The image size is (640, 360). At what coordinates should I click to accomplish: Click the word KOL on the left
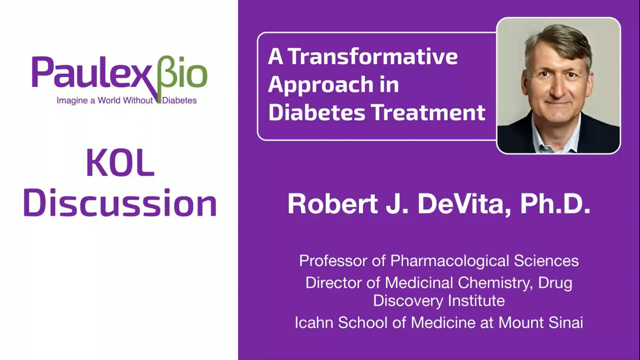pyautogui.click(x=120, y=163)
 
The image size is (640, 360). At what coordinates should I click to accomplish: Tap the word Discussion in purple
pyautogui.click(x=120, y=203)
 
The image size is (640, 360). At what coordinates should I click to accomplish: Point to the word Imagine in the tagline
pyautogui.click(x=72, y=100)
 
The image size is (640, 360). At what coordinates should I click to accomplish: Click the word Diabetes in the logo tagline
pyautogui.click(x=179, y=100)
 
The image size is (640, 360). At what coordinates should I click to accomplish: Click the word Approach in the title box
pyautogui.click(x=320, y=85)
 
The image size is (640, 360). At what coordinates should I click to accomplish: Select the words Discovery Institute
pyautogui.click(x=439, y=301)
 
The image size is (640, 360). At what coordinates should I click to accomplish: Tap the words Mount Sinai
pyautogui.click(x=540, y=323)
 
